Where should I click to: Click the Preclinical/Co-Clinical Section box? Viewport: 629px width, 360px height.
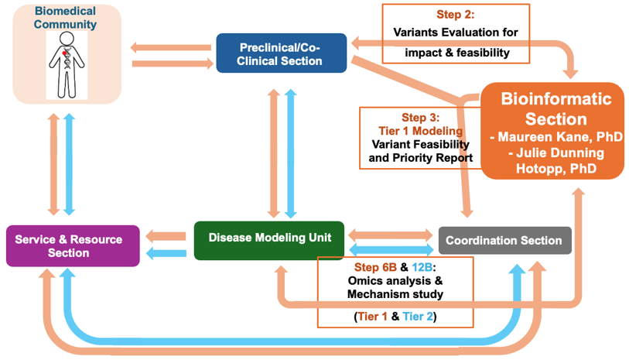[x=282, y=53]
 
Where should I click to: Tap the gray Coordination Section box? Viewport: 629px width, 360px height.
[x=504, y=240]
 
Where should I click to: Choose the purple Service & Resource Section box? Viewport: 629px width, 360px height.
[x=73, y=246]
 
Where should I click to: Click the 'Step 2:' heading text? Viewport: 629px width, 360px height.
[x=456, y=15]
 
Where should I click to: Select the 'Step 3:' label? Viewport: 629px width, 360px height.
[x=419, y=118]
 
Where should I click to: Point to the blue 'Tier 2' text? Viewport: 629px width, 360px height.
[x=419, y=317]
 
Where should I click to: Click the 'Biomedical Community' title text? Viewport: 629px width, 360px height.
[x=66, y=18]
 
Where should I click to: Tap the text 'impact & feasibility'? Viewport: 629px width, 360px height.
[x=456, y=53]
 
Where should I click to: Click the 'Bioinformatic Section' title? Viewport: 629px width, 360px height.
[x=556, y=109]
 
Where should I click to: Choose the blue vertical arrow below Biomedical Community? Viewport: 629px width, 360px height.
[x=70, y=164]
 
